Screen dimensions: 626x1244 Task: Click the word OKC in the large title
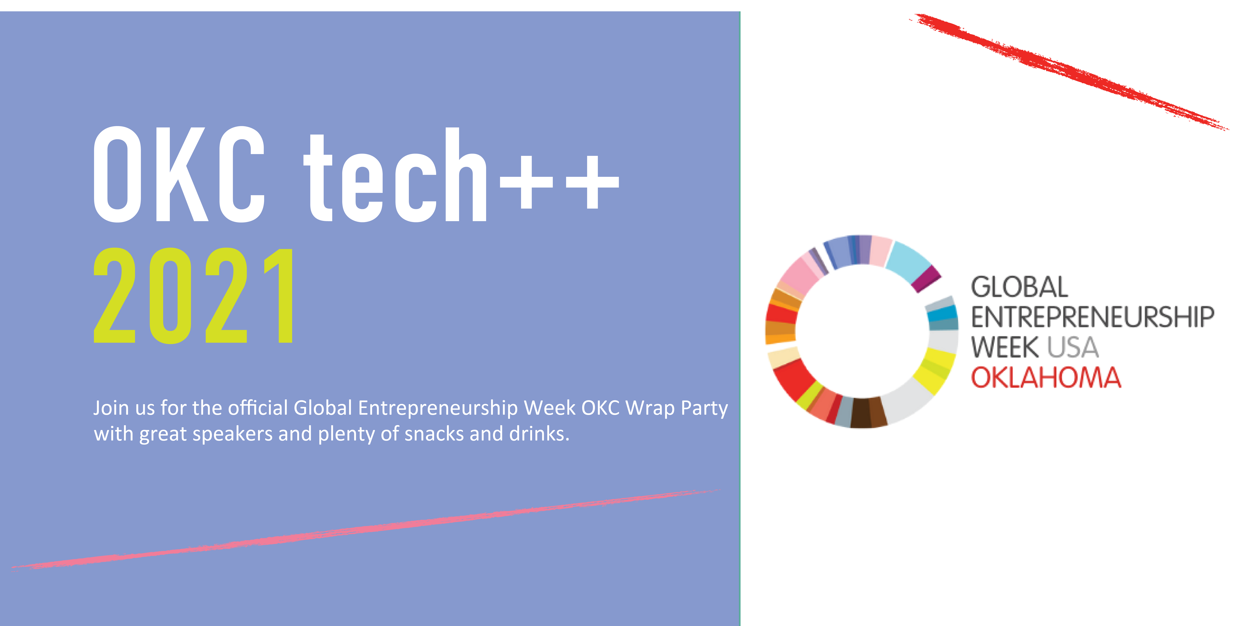point(179,175)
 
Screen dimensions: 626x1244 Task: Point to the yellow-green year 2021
point(193,296)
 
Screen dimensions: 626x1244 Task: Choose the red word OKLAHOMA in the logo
point(1046,378)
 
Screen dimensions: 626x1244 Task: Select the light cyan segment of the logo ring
point(908,259)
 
